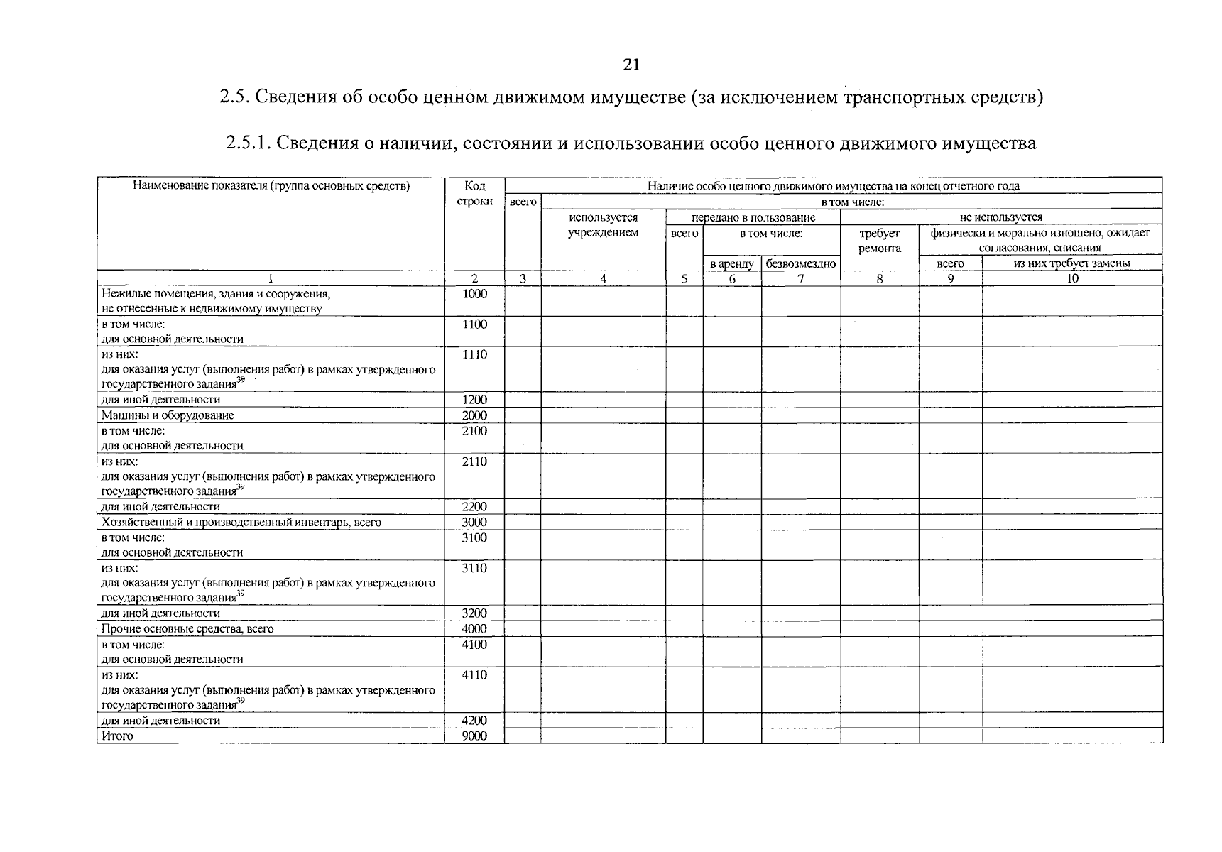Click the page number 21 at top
pyautogui.click(x=631, y=65)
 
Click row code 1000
pyautogui.click(x=474, y=294)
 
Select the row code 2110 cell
pyautogui.click(x=474, y=461)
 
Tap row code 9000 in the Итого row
pyautogui.click(x=474, y=736)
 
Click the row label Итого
pyautogui.click(x=117, y=736)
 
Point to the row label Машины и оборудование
pyautogui.click(x=168, y=415)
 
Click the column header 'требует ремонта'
pyautogui.click(x=879, y=241)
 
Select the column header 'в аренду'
pyautogui.click(x=731, y=263)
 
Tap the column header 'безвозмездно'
pyautogui.click(x=800, y=263)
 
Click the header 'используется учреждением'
pyautogui.click(x=603, y=225)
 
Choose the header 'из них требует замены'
pyautogui.click(x=1072, y=263)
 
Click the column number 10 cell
pyautogui.click(x=1072, y=279)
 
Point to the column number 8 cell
pyautogui.click(x=879, y=279)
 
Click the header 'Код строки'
pyautogui.click(x=474, y=193)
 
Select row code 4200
pyautogui.click(x=474, y=721)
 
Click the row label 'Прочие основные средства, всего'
pyautogui.click(x=187, y=629)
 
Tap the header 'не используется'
pyautogui.click(x=1000, y=217)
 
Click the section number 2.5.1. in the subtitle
pyautogui.click(x=249, y=143)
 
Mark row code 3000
pyautogui.click(x=474, y=523)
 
